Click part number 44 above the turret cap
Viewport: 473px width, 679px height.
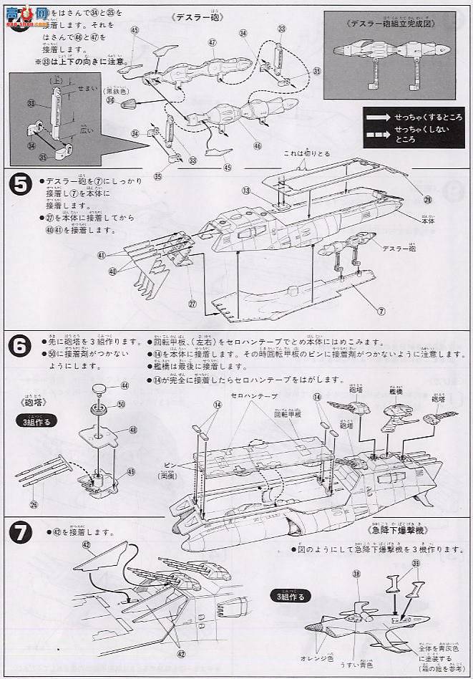(126, 385)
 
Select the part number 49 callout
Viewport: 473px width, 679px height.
(131, 472)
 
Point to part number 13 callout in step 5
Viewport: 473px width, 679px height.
(245, 191)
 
